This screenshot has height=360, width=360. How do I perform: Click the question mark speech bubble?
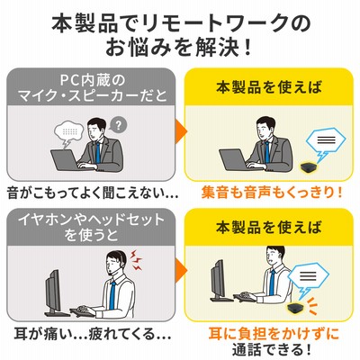coord(118,125)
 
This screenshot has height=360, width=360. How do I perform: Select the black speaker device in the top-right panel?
coord(310,166)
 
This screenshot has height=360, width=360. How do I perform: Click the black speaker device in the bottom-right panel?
coord(296,308)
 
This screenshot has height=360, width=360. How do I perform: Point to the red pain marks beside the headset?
coord(136,258)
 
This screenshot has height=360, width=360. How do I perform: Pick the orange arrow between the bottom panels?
coord(182,269)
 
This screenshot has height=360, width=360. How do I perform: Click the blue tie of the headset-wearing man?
coord(112,295)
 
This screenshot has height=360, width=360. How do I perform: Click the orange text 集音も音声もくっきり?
coord(272,193)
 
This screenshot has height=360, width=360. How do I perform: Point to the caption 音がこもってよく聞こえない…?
coord(93,193)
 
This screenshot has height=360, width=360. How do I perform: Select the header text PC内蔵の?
coord(92,80)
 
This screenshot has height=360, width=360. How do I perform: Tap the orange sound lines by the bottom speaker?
coord(312,305)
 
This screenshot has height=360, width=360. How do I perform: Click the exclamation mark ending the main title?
coord(247,48)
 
